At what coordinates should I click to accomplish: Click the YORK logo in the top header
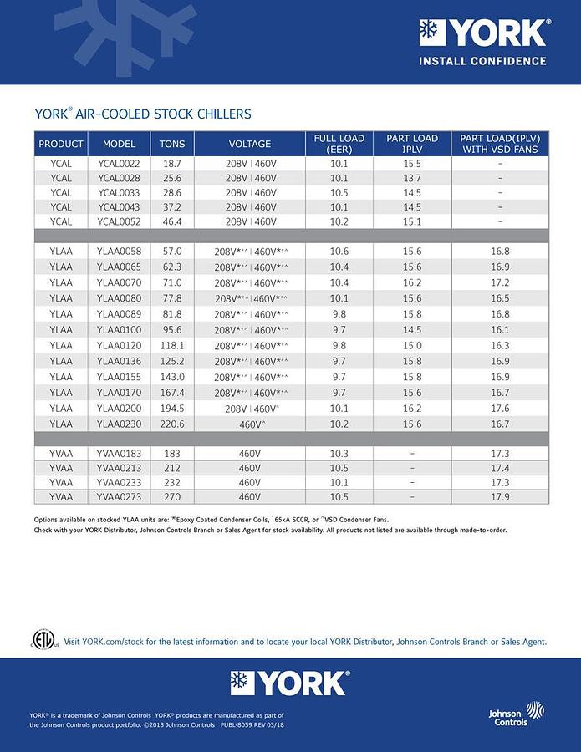click(x=484, y=33)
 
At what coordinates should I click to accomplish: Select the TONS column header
click(x=172, y=144)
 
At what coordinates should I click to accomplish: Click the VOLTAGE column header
click(x=250, y=144)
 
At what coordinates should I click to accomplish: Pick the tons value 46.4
click(x=172, y=221)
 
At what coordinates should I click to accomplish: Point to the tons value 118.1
click(x=172, y=345)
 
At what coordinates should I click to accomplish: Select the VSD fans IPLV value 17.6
click(x=500, y=409)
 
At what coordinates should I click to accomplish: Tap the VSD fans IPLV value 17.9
click(x=500, y=497)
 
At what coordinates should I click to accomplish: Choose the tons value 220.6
click(x=172, y=424)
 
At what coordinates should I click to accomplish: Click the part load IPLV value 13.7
click(x=412, y=178)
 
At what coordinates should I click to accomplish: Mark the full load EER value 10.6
click(x=339, y=252)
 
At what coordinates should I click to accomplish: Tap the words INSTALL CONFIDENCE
click(x=482, y=61)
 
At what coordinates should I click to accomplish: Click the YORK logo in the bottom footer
click(x=290, y=683)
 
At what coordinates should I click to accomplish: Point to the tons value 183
click(x=172, y=453)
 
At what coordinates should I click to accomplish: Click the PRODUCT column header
click(x=61, y=144)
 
